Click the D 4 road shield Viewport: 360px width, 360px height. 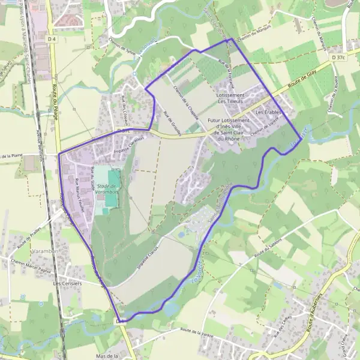coord(53,40)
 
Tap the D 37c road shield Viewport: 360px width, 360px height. coord(337,58)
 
